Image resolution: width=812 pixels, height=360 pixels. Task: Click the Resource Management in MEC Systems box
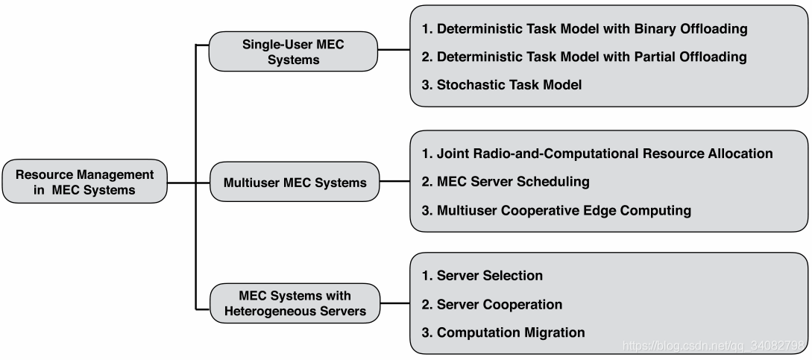pyautogui.click(x=84, y=182)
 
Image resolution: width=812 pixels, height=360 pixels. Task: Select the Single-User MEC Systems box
pyautogui.click(x=293, y=51)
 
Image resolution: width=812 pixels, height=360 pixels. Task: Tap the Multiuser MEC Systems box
pyautogui.click(x=295, y=182)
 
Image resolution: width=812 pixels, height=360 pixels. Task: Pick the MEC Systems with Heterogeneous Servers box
pyautogui.click(x=295, y=303)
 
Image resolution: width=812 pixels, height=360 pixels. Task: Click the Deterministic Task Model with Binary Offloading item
pyautogui.click(x=584, y=30)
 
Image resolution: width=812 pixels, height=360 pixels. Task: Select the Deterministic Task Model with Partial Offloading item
pyautogui.click(x=584, y=57)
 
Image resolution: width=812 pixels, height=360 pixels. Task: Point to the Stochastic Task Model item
pyautogui.click(x=501, y=85)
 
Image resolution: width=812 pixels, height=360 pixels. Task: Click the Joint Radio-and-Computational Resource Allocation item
pyautogui.click(x=597, y=154)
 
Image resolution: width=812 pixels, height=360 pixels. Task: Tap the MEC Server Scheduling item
pyautogui.click(x=505, y=182)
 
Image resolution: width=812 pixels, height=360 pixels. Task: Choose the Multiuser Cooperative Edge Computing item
pyautogui.click(x=556, y=211)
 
